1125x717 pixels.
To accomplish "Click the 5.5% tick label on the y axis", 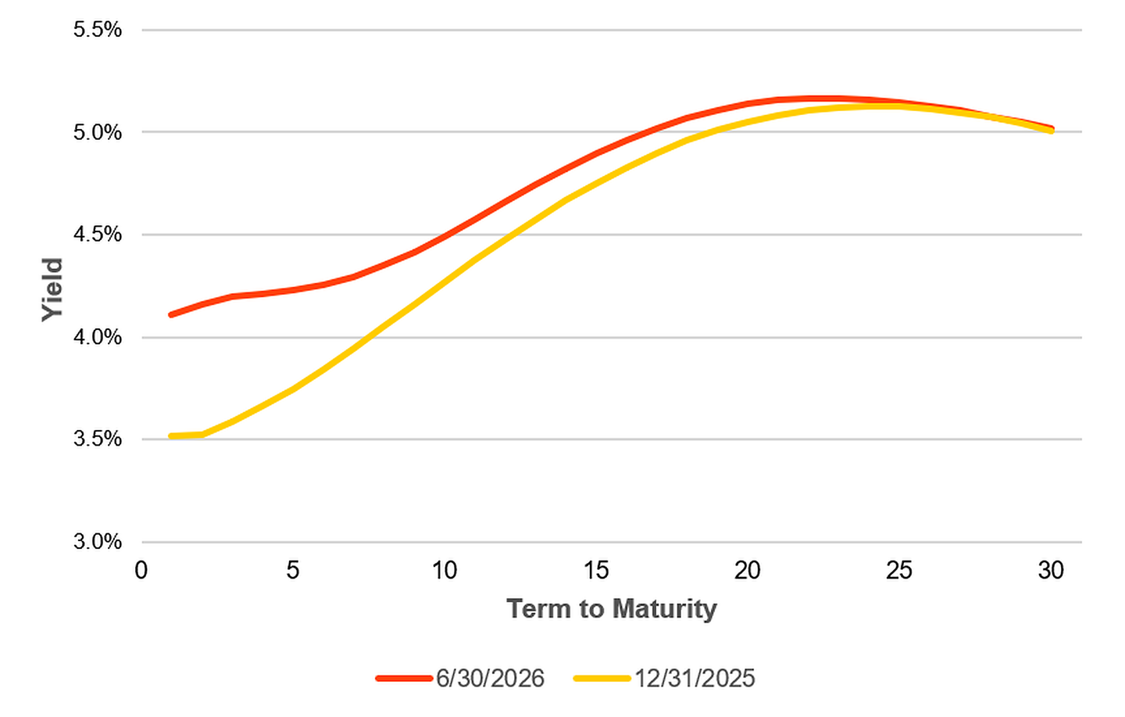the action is [x=98, y=30].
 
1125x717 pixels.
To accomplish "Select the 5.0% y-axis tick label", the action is [x=98, y=133].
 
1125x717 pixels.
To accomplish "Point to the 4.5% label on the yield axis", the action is [x=98, y=235].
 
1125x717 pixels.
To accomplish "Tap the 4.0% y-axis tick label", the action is [x=98, y=337].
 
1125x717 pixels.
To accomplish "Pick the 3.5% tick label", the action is [x=98, y=439].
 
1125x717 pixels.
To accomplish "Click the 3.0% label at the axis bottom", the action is [x=98, y=542].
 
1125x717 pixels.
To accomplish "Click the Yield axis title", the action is [x=52, y=289].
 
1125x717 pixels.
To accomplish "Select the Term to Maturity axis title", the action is [x=612, y=609].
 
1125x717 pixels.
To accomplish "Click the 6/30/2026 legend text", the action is [x=490, y=679].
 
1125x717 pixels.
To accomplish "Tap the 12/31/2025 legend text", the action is [x=695, y=679].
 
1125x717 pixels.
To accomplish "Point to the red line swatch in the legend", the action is [x=405, y=679].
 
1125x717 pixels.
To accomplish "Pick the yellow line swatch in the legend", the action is [x=602, y=679].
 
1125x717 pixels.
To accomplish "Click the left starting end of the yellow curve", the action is [x=171, y=436].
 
